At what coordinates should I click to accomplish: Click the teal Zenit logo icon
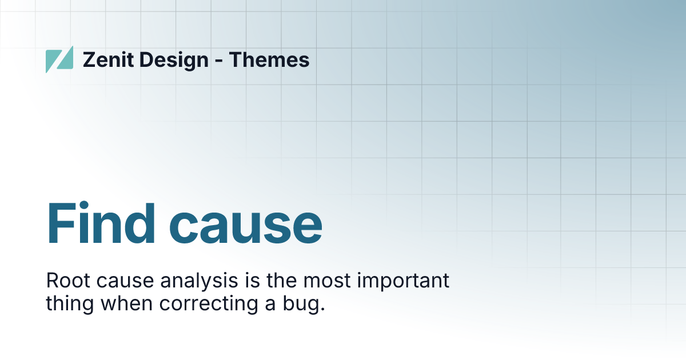click(59, 59)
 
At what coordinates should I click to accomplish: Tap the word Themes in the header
click(269, 59)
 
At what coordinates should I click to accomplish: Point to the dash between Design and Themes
click(219, 61)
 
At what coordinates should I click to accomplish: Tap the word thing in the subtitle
click(70, 304)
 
